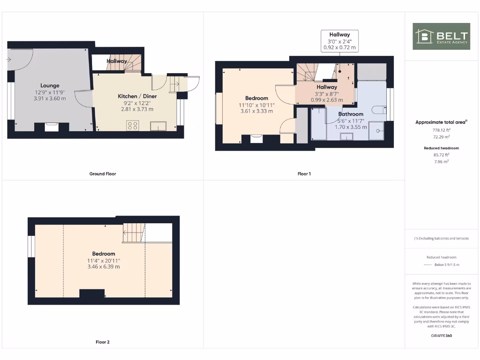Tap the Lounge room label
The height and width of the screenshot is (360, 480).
[x=50, y=85]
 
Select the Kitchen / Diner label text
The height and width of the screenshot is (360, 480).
[x=137, y=96]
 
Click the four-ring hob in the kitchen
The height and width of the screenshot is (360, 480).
[x=133, y=125]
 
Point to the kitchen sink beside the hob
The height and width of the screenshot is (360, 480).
[x=158, y=125]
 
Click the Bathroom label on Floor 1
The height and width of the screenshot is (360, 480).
[x=351, y=114]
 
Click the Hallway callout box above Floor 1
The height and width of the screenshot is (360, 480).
[x=339, y=41]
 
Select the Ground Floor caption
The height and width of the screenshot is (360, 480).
[x=103, y=174]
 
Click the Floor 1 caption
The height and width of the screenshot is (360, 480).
[x=304, y=174]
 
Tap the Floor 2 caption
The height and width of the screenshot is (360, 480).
[x=103, y=342]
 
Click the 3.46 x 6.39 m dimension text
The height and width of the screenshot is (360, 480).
[x=103, y=267]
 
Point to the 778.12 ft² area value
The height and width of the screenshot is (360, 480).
[x=441, y=130]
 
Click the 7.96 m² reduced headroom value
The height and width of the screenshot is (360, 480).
[x=441, y=161]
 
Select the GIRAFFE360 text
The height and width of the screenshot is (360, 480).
[x=441, y=336]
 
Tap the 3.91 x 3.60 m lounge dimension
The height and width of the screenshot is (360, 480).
[x=50, y=98]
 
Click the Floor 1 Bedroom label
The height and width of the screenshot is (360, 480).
[x=256, y=98]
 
